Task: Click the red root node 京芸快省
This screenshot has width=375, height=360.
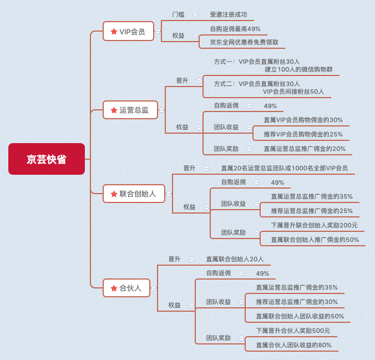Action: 47,159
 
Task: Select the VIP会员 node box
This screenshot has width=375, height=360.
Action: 129,31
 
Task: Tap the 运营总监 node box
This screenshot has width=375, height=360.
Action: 130,110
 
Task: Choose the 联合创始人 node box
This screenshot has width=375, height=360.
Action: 134,194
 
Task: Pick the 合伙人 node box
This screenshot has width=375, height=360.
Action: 126,288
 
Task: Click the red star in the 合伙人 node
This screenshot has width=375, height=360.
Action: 114,288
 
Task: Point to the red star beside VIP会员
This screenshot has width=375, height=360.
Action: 114,31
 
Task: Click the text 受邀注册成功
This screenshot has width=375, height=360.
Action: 229,14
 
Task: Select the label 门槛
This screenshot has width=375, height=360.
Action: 178,14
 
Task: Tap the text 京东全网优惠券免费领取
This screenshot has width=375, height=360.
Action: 244,42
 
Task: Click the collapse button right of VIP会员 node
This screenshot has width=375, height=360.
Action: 158,31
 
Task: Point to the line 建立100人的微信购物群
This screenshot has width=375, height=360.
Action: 298,69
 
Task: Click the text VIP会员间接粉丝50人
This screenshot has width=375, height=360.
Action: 293,92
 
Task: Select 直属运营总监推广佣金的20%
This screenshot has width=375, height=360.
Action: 305,149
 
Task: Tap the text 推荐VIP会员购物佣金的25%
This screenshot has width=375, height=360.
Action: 303,134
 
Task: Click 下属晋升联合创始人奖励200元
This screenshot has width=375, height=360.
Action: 314,225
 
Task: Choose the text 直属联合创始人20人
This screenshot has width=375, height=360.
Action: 235,259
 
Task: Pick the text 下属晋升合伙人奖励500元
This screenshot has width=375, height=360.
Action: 293,331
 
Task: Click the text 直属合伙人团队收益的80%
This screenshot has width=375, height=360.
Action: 293,345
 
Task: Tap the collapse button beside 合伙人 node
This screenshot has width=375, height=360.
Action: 154,288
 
